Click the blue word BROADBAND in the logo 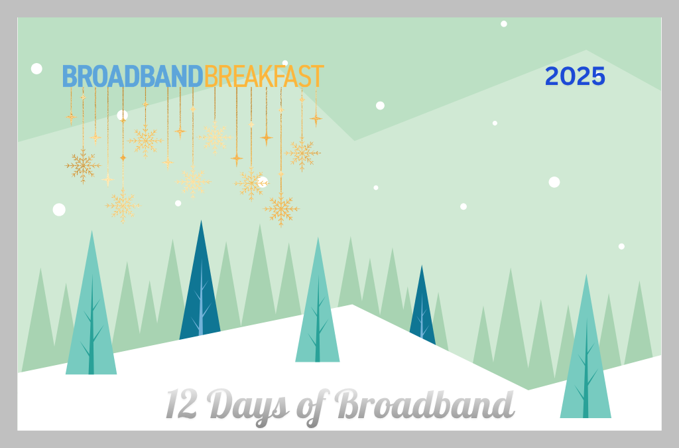[132, 77]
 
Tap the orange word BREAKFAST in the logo [263, 77]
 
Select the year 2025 [575, 77]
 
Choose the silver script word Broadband [424, 404]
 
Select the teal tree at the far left [92, 312]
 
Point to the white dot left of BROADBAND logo [36, 68]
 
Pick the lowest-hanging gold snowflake [282, 209]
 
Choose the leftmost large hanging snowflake [83, 165]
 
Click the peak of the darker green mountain [586, 51]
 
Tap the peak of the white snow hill [352, 305]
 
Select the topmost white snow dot [504, 24]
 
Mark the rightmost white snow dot [621, 246]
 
